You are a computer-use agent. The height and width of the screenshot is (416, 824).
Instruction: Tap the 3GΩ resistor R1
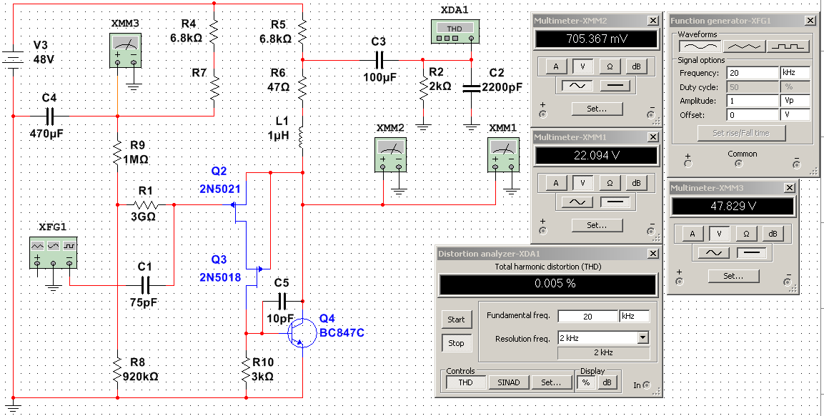[146, 204]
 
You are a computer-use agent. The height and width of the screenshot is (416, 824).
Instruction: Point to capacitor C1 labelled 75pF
[146, 285]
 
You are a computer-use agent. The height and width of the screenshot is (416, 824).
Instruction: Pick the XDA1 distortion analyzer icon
[454, 30]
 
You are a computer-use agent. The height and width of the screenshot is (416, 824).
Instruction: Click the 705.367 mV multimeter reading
[595, 39]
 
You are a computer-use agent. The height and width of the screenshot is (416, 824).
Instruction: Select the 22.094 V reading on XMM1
[595, 155]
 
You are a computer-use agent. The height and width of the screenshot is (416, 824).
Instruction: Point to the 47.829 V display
[732, 207]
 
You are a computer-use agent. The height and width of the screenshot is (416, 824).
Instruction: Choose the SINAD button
[509, 382]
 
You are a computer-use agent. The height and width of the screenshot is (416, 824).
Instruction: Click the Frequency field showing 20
[752, 73]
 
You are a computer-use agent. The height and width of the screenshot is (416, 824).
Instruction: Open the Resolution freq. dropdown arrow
[642, 337]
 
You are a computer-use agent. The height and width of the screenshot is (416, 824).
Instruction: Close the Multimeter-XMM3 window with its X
[789, 187]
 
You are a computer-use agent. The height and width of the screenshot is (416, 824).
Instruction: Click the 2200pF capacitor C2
[471, 88]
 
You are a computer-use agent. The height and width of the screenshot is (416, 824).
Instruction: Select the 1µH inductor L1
[302, 135]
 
